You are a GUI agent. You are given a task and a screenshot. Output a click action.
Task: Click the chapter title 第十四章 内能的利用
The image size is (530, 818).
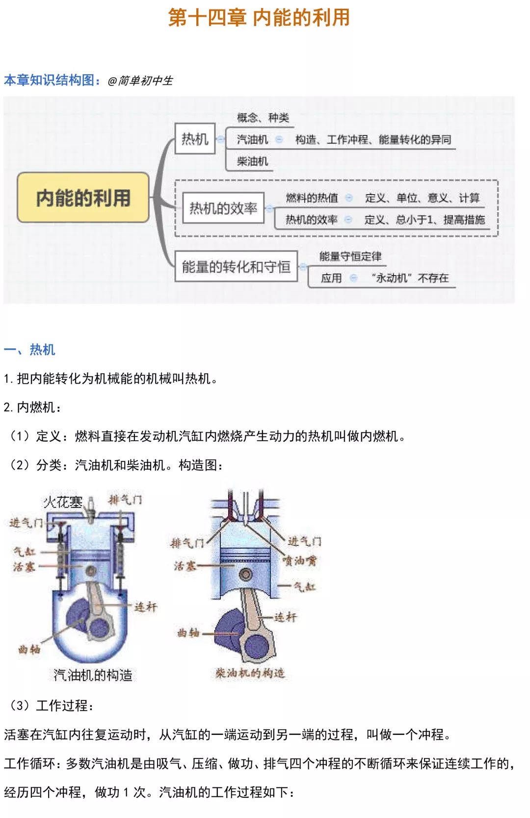[x=259, y=18]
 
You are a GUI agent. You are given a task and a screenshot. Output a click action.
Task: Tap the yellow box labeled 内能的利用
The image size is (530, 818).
[x=83, y=197]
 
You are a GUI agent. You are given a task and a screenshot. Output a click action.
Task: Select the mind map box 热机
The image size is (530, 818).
[x=195, y=139]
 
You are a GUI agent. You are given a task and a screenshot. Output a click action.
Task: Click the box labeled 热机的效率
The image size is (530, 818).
[x=223, y=208]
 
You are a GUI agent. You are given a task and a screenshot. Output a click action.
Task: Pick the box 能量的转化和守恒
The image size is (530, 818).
[x=236, y=267]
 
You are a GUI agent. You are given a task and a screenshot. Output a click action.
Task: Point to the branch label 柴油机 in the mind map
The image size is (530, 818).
[x=252, y=161]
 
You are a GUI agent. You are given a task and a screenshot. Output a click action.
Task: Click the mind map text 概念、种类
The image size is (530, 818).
[x=263, y=117]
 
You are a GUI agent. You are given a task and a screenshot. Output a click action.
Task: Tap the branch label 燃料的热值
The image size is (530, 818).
[x=312, y=198]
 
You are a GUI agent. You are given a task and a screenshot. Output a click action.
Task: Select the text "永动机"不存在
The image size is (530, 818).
[x=410, y=278]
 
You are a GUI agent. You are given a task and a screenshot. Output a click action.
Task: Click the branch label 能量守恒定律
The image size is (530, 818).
[x=350, y=256]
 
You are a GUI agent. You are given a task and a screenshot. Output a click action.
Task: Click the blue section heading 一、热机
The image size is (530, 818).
[x=29, y=349]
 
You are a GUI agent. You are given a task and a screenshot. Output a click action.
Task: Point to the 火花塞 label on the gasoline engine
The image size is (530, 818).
[x=63, y=502]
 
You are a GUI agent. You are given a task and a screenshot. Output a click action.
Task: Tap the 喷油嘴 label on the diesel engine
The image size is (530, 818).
[x=299, y=561]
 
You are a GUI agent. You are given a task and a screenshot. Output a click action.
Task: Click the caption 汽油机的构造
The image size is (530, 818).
[x=93, y=675]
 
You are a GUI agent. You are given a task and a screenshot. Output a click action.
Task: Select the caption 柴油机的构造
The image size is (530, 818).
[x=250, y=673]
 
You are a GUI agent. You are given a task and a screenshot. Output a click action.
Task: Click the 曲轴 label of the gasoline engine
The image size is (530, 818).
[x=29, y=649]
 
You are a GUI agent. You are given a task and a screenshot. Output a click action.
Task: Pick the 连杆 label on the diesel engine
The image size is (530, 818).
[x=285, y=617]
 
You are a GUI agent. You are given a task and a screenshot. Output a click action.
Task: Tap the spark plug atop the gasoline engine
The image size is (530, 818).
[x=91, y=507]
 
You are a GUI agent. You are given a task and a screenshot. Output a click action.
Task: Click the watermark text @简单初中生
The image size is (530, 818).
[x=140, y=81]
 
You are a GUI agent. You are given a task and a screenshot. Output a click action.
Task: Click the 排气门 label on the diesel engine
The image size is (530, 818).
[x=187, y=543]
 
